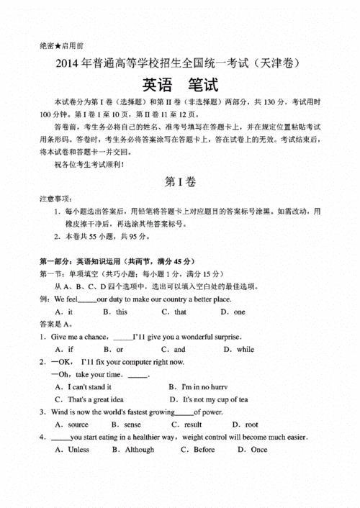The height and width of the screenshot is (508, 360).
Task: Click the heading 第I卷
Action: (180, 182)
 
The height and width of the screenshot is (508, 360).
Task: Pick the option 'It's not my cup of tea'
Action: (215, 399)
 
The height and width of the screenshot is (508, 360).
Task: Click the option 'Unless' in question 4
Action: (78, 450)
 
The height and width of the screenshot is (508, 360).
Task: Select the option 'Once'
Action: (258, 450)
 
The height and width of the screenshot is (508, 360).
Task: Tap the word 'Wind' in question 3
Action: (59, 412)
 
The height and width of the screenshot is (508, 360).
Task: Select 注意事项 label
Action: (55, 198)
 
